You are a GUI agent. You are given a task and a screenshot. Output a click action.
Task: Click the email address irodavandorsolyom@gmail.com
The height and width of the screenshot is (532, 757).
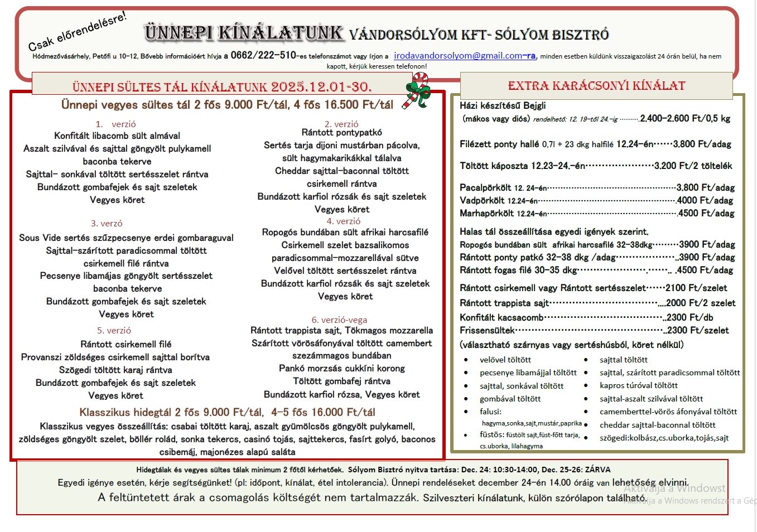[x=464, y=56]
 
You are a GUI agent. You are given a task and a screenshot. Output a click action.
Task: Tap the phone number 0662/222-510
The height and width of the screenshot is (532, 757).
[x=263, y=55]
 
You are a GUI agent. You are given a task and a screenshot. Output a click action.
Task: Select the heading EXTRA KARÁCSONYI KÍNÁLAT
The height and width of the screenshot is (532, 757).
[x=596, y=86]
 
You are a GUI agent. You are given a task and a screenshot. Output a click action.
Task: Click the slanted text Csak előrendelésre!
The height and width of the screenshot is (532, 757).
[x=78, y=31]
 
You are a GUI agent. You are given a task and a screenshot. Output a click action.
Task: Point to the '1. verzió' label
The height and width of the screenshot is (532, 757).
[x=116, y=124]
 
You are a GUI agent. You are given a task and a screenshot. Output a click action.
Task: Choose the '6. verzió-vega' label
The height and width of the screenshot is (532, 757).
[x=339, y=320]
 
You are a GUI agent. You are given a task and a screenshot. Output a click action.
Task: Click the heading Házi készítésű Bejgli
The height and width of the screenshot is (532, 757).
[x=503, y=105]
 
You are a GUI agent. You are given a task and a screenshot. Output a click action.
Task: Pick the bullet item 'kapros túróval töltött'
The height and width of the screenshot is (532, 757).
[x=639, y=385]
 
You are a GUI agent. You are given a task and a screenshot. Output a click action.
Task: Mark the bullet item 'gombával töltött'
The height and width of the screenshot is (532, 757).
[x=510, y=399]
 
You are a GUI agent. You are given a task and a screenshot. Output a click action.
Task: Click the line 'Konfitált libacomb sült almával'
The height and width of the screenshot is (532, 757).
[x=117, y=136]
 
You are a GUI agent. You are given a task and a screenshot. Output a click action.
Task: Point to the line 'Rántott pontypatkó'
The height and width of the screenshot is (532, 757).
[x=341, y=133]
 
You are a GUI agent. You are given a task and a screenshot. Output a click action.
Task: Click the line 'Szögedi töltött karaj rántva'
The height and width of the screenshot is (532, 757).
[x=115, y=370]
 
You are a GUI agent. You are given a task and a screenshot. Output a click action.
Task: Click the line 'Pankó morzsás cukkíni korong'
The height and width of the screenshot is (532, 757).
[x=341, y=368]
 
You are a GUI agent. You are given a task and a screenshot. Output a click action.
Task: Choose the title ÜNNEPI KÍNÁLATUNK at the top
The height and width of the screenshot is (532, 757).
[x=243, y=33]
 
